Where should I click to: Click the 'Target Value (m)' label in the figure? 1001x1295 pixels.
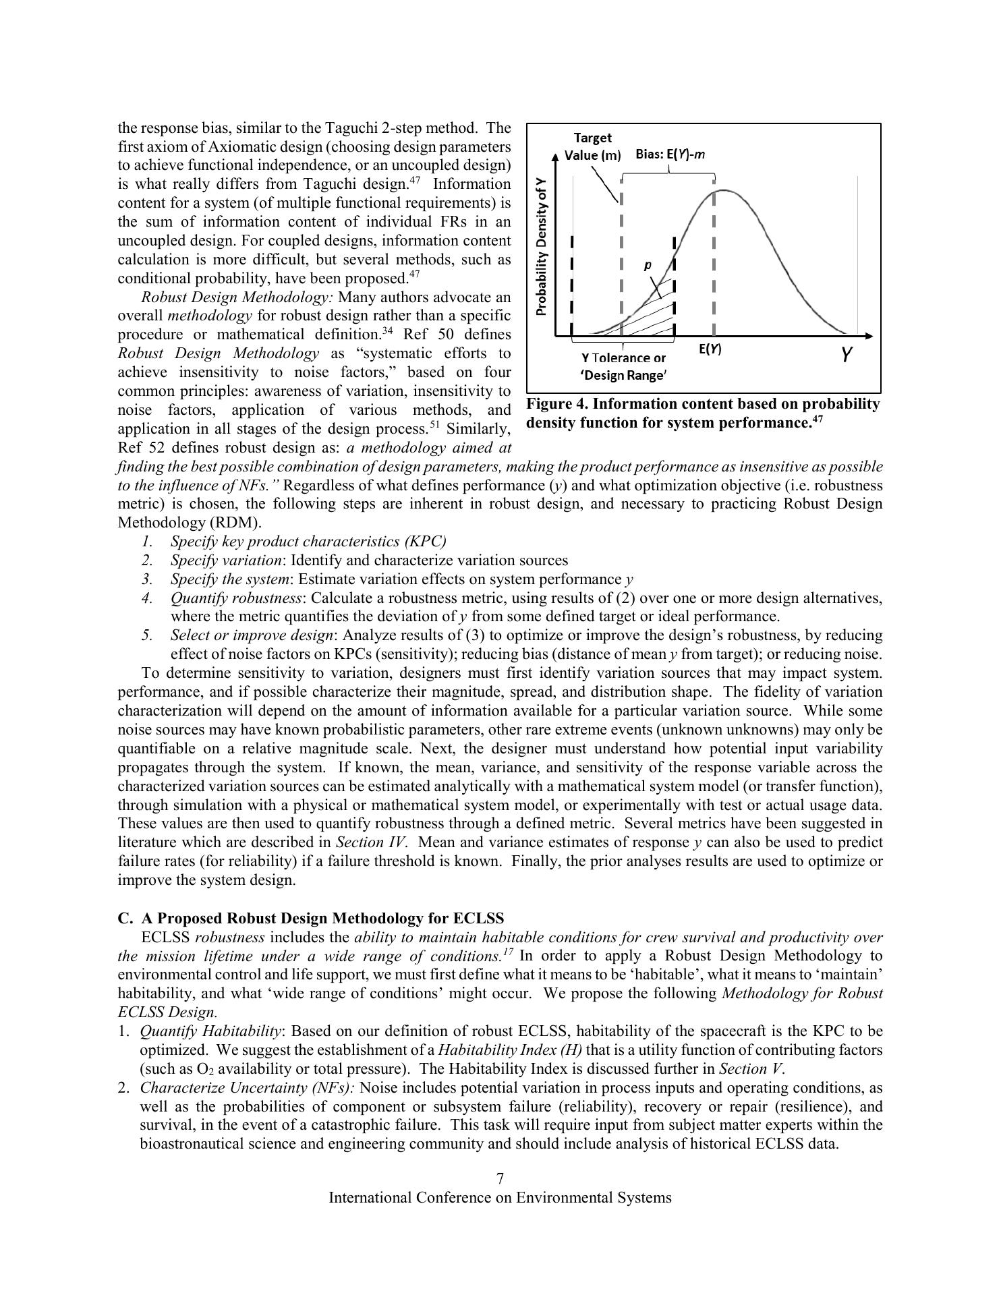(592, 146)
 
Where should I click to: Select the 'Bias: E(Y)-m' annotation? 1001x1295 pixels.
(670, 154)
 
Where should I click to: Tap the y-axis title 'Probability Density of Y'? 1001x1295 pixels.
(541, 246)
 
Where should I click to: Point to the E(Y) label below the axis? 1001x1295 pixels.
(709, 349)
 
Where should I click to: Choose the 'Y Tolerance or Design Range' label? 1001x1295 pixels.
(623, 366)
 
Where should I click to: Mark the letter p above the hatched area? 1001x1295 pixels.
(648, 265)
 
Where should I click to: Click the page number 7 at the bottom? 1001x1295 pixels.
(500, 1178)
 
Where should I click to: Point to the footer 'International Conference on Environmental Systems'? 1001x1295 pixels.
(500, 1197)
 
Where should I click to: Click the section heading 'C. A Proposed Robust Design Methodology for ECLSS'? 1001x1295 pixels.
(311, 918)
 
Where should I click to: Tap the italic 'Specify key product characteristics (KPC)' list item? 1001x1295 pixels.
(308, 541)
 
